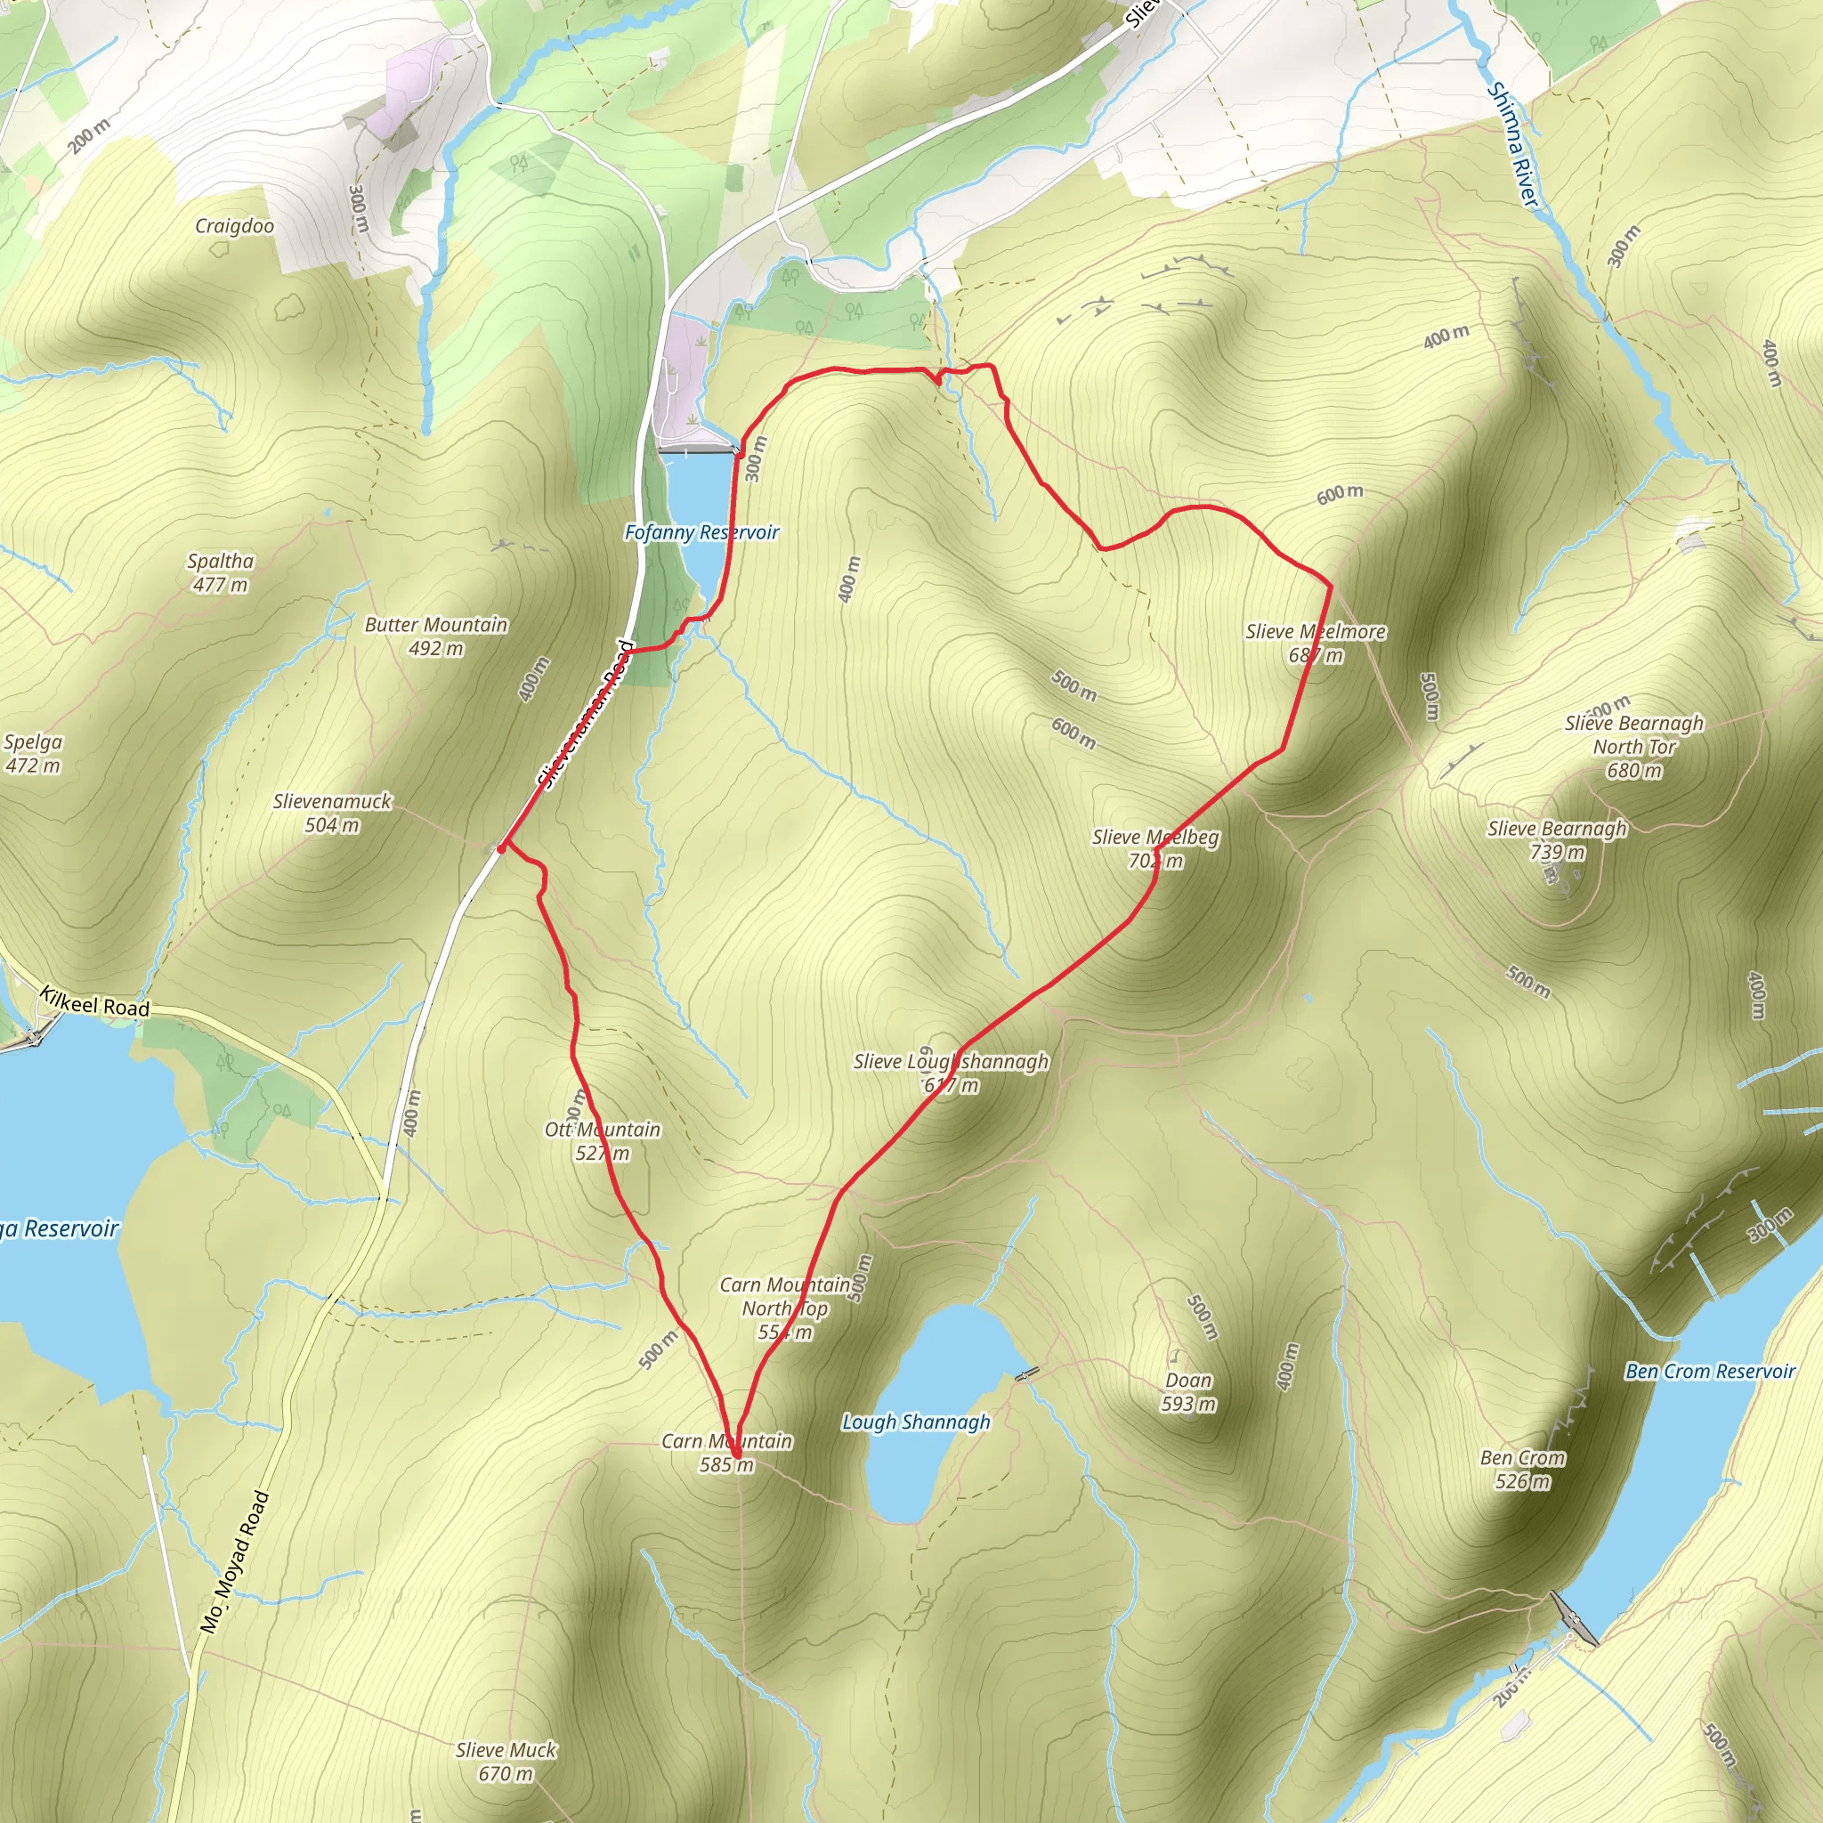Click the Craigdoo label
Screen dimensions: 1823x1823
coord(234,226)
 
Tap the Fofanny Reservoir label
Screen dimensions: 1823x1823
coord(701,533)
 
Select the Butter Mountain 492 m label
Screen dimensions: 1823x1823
coord(436,636)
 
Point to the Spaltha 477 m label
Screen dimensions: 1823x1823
coord(221,572)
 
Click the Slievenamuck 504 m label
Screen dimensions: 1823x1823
coord(332,813)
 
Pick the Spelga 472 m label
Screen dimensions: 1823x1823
coord(33,753)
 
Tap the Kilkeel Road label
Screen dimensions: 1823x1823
coord(94,1001)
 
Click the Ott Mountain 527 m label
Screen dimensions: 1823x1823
coord(602,1141)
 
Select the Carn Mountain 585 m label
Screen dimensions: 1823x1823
coord(726,1452)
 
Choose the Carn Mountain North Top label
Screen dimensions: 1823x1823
coord(785,1308)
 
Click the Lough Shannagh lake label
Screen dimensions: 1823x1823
coord(916,1422)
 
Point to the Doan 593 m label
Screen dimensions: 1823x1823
coord(1188,1392)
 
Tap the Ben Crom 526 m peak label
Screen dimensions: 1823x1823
coord(1522,1469)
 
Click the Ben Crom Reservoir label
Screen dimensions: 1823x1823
coord(1710,1371)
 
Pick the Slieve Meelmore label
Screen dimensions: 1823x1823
coord(1316,643)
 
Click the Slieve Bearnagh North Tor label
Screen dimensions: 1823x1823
coord(1634,746)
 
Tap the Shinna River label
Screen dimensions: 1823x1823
coord(1513,144)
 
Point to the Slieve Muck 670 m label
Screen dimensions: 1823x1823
coord(506,1762)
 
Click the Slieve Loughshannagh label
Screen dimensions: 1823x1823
coord(952,1073)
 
